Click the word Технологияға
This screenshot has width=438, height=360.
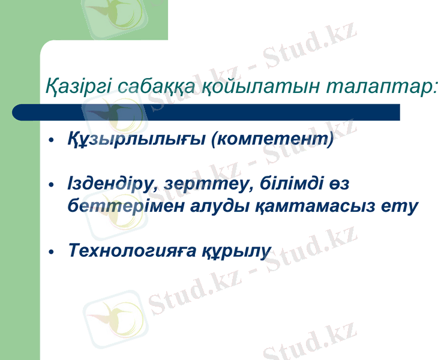coord(128,250)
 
